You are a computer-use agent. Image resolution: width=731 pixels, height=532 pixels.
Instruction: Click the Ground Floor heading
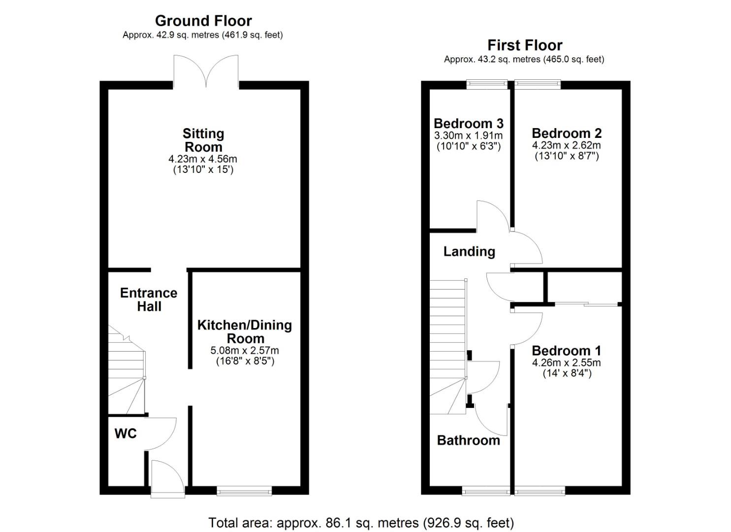[203, 21]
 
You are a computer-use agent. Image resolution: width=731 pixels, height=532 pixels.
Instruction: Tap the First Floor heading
[525, 45]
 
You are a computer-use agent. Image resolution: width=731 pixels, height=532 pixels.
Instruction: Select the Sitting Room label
[203, 140]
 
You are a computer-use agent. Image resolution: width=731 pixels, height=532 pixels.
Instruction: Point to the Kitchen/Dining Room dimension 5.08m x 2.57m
[245, 351]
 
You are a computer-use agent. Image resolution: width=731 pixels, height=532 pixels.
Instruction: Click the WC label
[126, 433]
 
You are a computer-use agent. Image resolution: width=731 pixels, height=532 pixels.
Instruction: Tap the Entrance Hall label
[149, 299]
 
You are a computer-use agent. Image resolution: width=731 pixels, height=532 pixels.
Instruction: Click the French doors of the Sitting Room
[206, 71]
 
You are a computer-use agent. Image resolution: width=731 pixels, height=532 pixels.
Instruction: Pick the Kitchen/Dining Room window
[245, 490]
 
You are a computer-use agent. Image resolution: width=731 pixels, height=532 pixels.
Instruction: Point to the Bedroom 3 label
[468, 124]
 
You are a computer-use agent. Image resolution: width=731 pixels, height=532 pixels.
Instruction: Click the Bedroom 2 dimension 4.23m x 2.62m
[567, 145]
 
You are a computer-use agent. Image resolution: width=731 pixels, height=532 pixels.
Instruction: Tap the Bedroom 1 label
[566, 350]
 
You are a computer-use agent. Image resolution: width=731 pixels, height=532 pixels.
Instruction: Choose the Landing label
[469, 251]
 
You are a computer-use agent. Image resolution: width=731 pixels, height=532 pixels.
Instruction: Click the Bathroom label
[468, 440]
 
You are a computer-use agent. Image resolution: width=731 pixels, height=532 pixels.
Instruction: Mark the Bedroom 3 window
[487, 85]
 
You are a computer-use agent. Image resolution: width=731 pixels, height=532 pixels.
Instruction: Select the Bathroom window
[486, 490]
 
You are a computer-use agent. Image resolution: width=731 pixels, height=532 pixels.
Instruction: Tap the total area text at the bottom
[361, 523]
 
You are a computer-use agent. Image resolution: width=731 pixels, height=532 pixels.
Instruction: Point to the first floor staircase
[448, 347]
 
